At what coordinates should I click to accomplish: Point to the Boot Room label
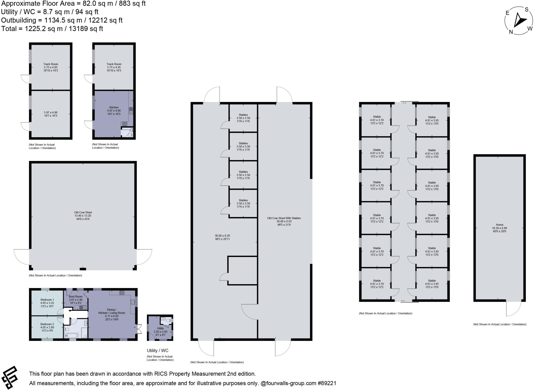(76, 297)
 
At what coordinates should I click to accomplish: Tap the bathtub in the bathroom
(71, 335)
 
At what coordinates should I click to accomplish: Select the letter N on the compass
(511, 32)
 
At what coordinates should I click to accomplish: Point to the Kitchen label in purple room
(114, 107)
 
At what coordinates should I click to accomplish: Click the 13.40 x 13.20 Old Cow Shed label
(83, 216)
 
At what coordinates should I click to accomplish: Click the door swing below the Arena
(513, 309)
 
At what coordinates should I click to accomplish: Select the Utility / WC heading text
(157, 350)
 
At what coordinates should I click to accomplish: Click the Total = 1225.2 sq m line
(52, 28)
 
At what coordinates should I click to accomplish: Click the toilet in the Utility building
(169, 320)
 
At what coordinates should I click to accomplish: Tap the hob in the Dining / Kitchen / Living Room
(122, 292)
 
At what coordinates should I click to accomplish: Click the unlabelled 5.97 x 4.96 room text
(51, 114)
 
